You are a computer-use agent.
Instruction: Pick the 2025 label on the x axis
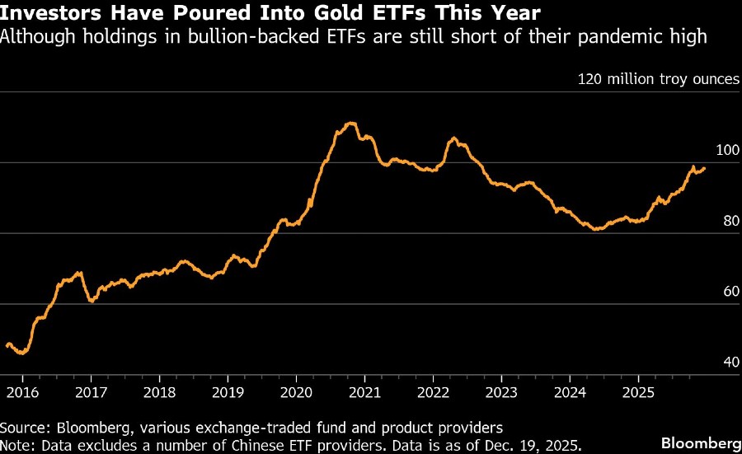[x=637, y=394]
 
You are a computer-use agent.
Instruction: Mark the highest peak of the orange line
[x=351, y=123]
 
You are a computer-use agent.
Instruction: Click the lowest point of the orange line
[x=22, y=353]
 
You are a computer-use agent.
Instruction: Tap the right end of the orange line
[x=705, y=168]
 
